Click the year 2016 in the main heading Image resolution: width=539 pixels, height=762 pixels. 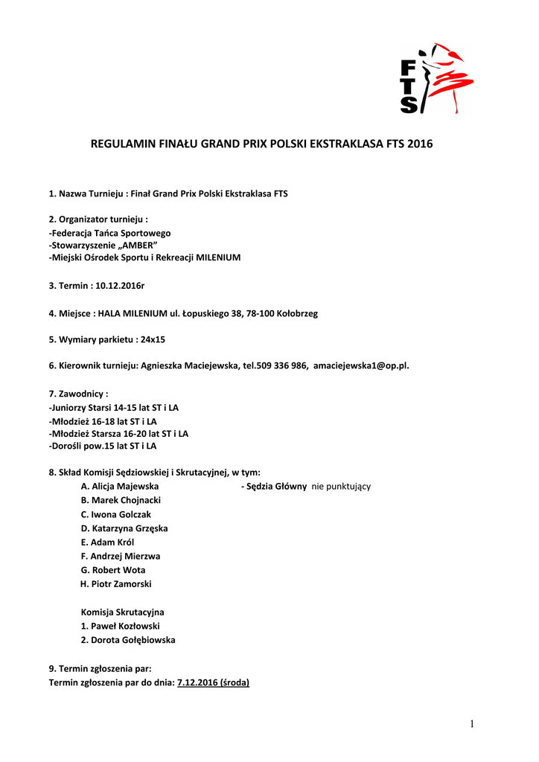(419, 144)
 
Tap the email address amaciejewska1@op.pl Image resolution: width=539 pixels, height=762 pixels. (361, 365)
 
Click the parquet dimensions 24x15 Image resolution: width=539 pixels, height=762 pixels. (153, 339)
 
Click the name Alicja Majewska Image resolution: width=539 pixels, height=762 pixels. (124, 487)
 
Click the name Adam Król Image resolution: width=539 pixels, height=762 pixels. (112, 542)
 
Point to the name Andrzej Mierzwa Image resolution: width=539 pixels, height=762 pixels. (125, 556)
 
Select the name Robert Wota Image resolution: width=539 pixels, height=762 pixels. (118, 570)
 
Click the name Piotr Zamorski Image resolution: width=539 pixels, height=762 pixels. (121, 584)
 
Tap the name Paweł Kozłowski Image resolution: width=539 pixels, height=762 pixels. (124, 626)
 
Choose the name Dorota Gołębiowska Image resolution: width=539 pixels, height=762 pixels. (133, 640)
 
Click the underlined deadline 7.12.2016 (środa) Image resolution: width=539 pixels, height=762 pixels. (214, 682)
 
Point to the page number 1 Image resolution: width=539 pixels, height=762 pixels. (472, 724)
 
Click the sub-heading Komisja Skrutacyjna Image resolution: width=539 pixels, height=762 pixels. (122, 612)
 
